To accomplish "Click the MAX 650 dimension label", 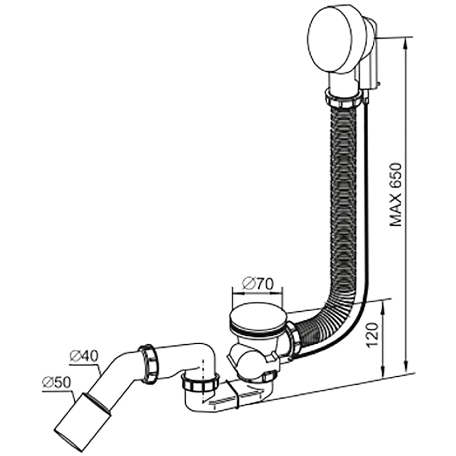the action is click(x=396, y=194).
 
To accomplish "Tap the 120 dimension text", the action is click(x=373, y=335).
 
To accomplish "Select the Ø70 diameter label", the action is click(x=258, y=284).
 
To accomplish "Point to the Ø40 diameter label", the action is click(x=84, y=356).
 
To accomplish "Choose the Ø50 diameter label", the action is click(x=56, y=382).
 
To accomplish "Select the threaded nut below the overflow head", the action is click(x=344, y=99).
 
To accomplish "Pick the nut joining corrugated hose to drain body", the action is click(x=293, y=338).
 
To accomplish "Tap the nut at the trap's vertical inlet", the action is click(x=200, y=382).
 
